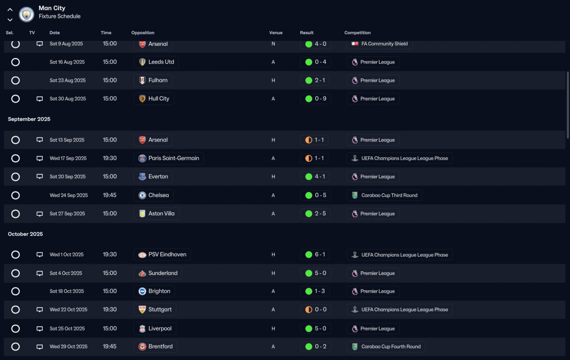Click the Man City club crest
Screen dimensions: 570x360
tap(26, 15)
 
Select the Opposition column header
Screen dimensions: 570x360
tap(143, 33)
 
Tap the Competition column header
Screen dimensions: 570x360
tap(357, 33)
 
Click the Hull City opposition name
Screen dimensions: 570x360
tap(159, 99)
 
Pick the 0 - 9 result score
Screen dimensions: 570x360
tap(321, 99)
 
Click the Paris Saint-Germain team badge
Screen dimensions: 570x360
tap(142, 158)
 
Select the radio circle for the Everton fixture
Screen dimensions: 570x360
tap(16, 177)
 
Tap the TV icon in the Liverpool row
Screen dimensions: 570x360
tap(40, 329)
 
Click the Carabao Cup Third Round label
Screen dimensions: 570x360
tap(389, 195)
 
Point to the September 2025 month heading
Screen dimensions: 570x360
tap(29, 119)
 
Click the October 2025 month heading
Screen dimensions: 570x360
tap(25, 234)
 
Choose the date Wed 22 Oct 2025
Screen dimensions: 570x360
tap(69, 310)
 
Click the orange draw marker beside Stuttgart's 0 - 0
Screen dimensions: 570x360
tap(309, 310)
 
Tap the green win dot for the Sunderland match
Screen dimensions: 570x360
tap(309, 273)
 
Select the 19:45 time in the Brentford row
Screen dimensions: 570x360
tap(110, 347)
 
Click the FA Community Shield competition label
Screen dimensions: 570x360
tap(384, 44)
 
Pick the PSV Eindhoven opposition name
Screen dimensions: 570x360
tap(167, 255)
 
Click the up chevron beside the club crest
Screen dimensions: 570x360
tap(10, 10)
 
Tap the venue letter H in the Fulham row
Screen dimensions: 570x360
tap(273, 81)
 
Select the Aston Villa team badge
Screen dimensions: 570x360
tap(142, 214)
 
